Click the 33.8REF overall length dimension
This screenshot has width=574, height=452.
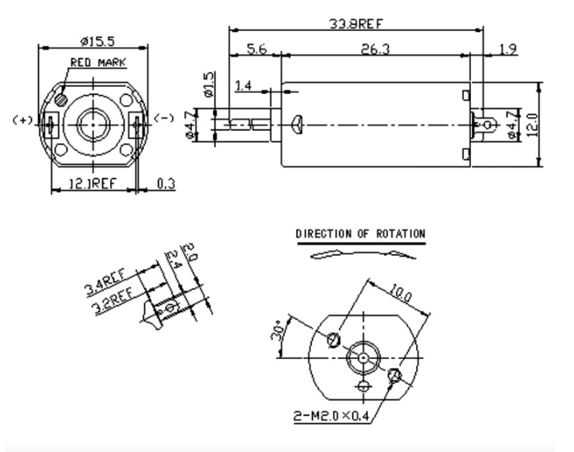tap(356, 24)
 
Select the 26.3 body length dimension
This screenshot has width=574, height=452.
tap(376, 49)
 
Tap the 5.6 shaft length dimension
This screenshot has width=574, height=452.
tap(256, 49)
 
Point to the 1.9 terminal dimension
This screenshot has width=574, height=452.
tap(508, 50)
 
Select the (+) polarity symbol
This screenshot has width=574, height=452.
tap(22, 119)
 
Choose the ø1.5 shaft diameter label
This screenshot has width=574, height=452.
tap(208, 84)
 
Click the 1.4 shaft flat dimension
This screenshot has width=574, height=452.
tap(243, 86)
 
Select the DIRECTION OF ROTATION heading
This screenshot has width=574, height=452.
tap(360, 233)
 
